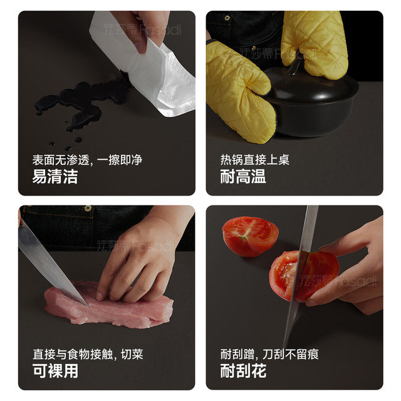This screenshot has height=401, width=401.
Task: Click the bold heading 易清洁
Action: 55,176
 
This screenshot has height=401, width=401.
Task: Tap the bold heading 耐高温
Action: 243,176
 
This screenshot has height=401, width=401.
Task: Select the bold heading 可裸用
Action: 55,371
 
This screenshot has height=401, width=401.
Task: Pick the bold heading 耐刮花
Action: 243,371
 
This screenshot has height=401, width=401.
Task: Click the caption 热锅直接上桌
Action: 255,160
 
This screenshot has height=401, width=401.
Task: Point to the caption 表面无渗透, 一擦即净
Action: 87,160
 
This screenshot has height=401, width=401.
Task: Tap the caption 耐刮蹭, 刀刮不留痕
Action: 269,354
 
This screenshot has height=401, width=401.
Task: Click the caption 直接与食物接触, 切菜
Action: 88,354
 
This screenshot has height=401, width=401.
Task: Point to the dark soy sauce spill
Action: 82,102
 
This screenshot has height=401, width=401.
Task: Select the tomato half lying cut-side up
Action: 250,236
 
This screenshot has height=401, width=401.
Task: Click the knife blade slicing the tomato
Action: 301,276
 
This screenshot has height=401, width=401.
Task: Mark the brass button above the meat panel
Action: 88,208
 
